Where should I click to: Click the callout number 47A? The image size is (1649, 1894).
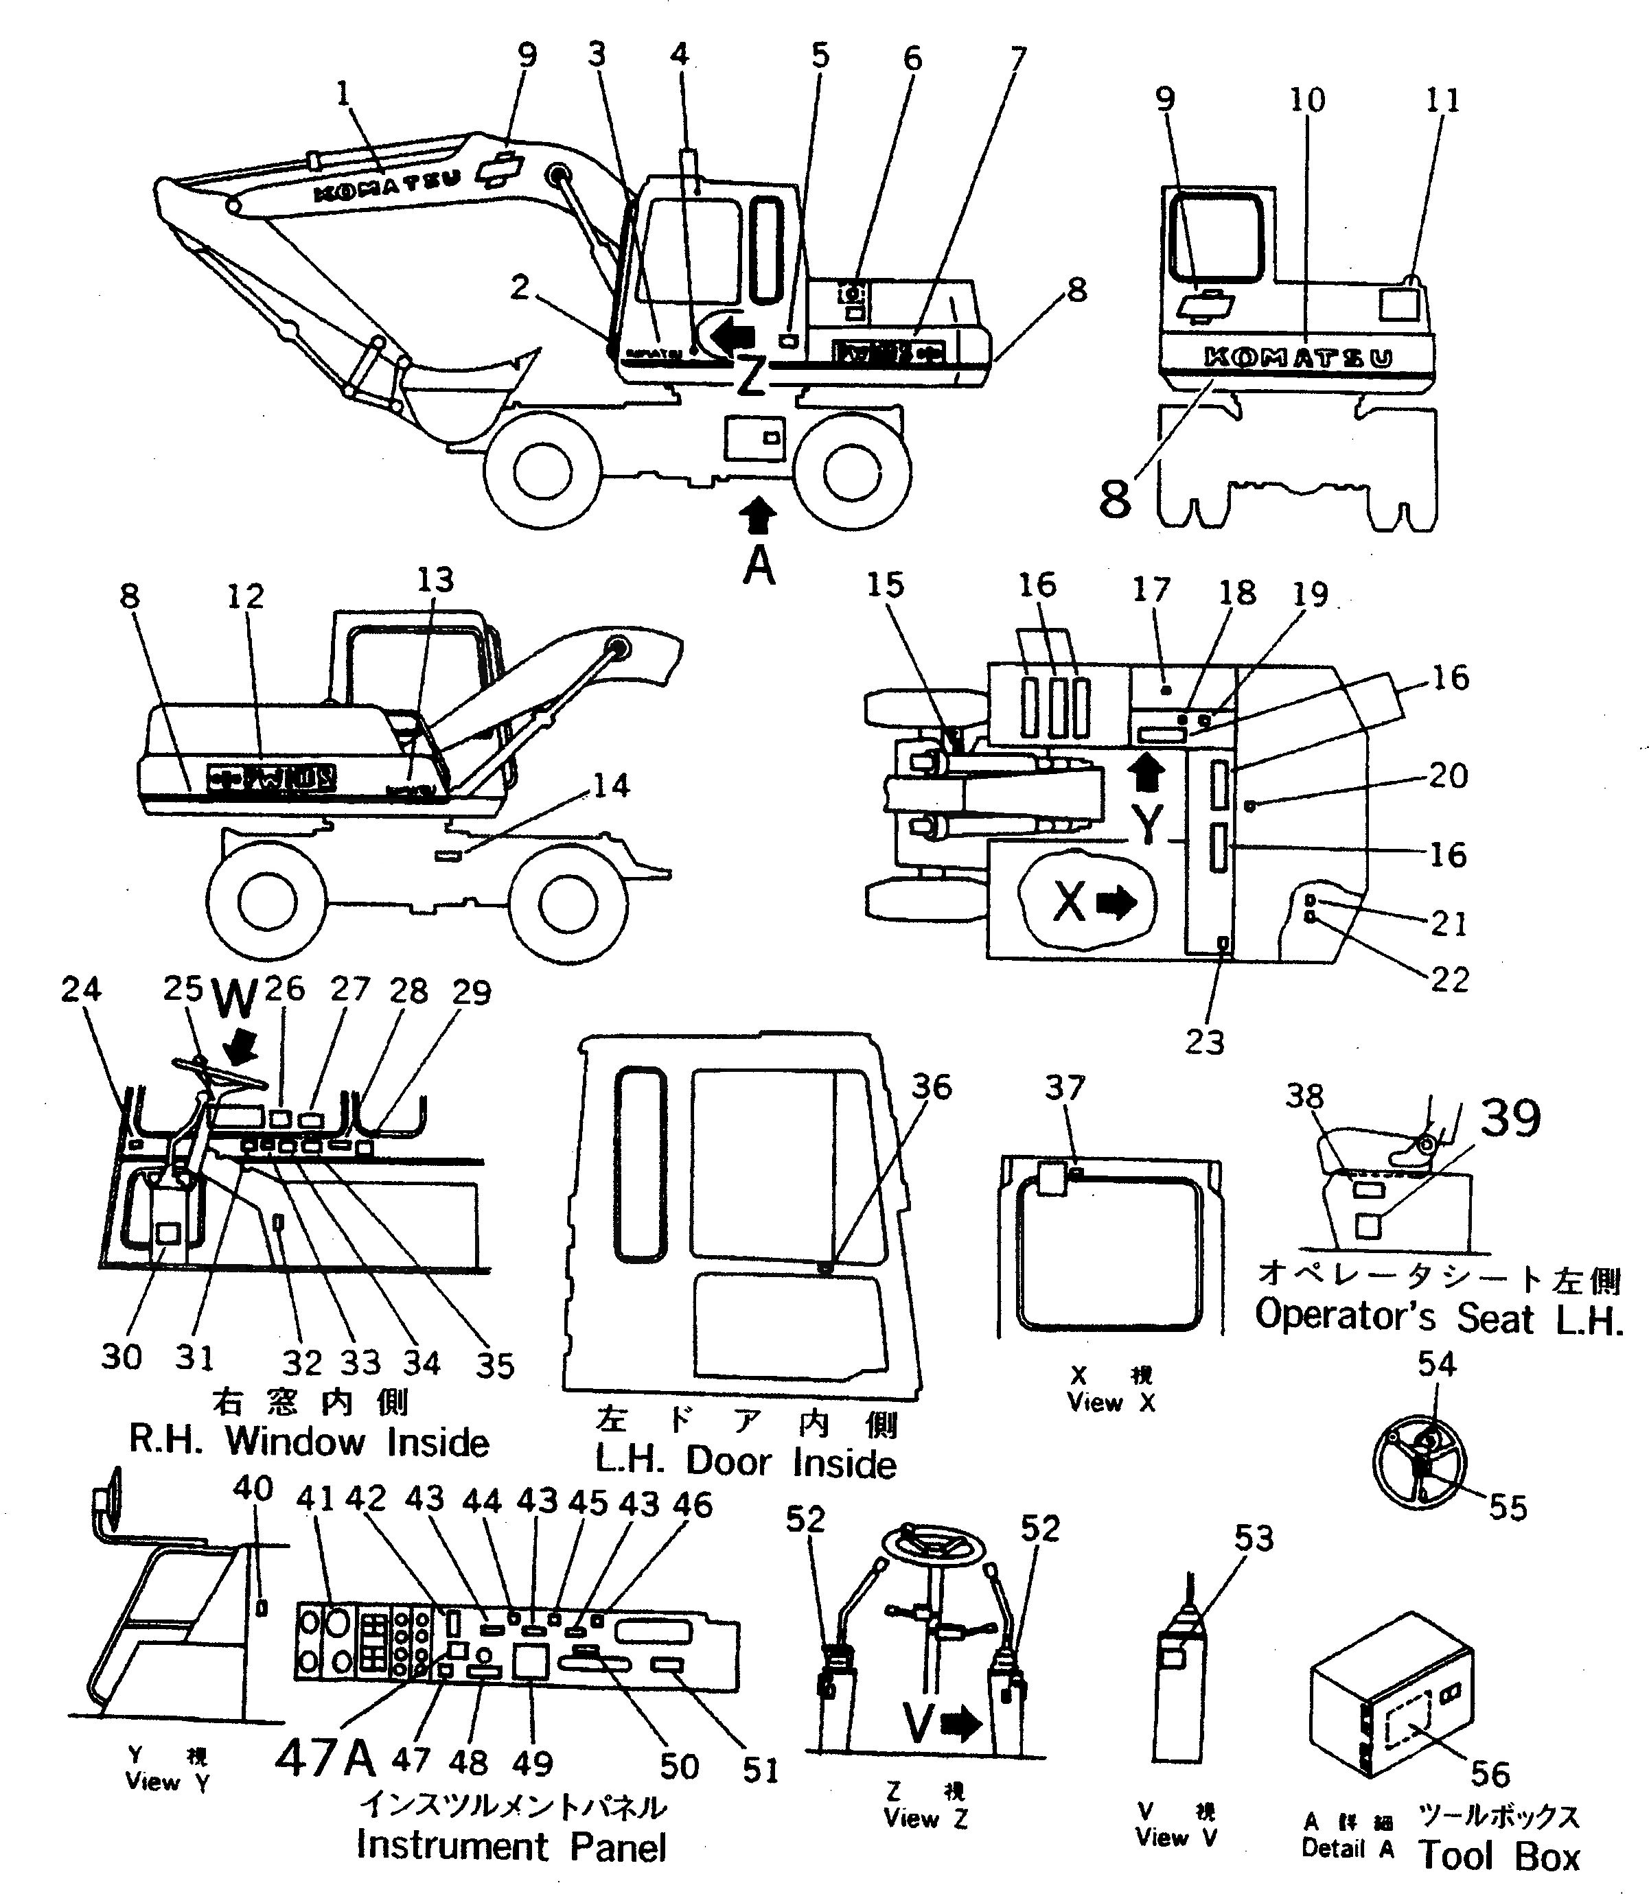(x=326, y=1758)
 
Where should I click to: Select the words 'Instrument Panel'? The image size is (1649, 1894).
(x=511, y=1846)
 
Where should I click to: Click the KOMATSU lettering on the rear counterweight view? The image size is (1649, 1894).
(x=1298, y=358)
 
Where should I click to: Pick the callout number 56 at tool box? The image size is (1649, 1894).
(x=1490, y=1773)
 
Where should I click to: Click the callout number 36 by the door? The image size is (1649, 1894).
(x=930, y=1086)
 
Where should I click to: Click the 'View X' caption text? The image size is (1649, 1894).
(x=1111, y=1403)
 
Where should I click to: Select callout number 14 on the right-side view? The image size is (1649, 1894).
(x=610, y=786)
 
